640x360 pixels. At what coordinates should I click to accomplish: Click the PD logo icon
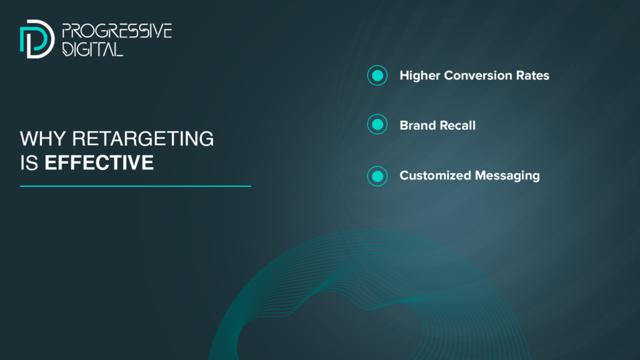[x=37, y=39]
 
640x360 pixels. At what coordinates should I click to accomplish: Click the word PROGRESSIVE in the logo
[x=117, y=31]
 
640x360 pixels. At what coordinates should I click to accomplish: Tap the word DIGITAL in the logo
[x=92, y=49]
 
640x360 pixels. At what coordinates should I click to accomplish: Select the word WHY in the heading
[x=42, y=139]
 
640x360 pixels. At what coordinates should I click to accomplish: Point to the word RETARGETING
[x=143, y=139]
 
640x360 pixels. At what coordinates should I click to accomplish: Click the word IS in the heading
[x=29, y=163]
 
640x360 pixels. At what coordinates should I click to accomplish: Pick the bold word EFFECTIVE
[x=99, y=163]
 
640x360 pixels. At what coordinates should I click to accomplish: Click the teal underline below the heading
[x=136, y=186]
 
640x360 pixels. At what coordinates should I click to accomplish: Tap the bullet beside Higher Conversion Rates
[x=377, y=76]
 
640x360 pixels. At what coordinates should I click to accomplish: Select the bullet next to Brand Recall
[x=377, y=124]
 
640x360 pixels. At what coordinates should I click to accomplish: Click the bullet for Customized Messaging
[x=377, y=176]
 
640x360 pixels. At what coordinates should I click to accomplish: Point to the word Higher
[x=419, y=76]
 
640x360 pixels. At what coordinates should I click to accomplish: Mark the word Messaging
[x=507, y=176]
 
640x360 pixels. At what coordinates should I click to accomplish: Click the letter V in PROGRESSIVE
[x=157, y=31]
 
